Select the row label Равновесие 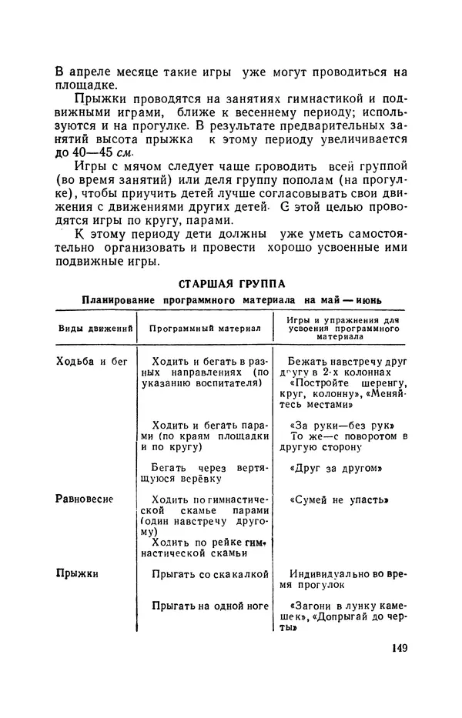(x=85, y=499)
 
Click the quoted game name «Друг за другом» (x=337, y=468)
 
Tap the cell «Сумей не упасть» (x=337, y=499)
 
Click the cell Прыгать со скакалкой (x=209, y=574)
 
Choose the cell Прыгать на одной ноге (x=209, y=606)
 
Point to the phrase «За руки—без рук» (x=337, y=425)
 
